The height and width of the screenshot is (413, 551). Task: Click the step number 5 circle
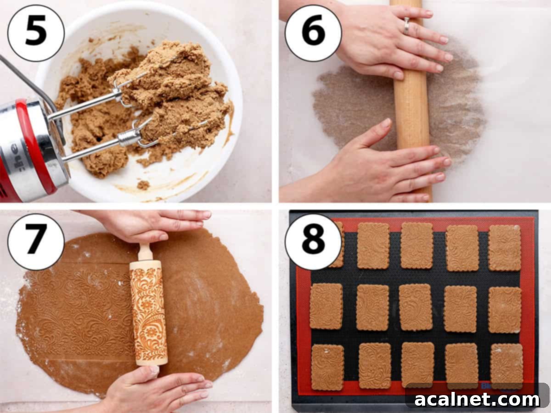(36, 33)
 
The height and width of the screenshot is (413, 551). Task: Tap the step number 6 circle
(313, 33)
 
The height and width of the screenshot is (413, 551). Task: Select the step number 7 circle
(36, 242)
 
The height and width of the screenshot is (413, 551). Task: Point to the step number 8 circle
(313, 242)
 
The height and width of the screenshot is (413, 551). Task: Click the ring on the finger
(406, 26)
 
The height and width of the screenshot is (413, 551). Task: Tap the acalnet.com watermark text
(478, 399)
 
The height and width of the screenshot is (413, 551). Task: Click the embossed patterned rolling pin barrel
(148, 312)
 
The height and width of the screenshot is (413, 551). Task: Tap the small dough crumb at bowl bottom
(143, 185)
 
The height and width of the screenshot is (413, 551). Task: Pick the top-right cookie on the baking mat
(504, 248)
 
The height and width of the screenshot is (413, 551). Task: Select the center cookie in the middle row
(415, 307)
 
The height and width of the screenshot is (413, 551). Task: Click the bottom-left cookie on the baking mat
(327, 367)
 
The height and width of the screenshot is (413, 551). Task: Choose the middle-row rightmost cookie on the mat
(505, 310)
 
